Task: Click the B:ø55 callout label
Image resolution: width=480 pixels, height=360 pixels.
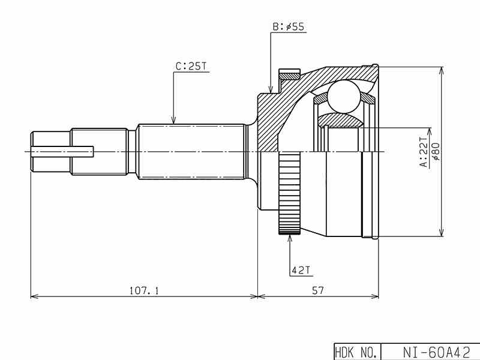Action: (x=289, y=27)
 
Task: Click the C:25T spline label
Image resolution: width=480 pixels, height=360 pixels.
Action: (x=191, y=67)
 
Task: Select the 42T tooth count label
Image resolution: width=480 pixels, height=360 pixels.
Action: (x=300, y=271)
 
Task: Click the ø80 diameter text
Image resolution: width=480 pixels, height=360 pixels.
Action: (x=436, y=152)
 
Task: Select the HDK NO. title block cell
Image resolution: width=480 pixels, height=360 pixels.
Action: (x=355, y=352)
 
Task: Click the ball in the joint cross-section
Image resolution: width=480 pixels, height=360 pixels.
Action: (x=341, y=95)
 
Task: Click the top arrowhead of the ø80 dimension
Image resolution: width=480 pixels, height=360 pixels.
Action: (x=442, y=69)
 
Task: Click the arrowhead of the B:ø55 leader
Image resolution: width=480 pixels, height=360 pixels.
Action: (x=271, y=89)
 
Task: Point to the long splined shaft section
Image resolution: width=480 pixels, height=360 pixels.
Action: (x=191, y=151)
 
